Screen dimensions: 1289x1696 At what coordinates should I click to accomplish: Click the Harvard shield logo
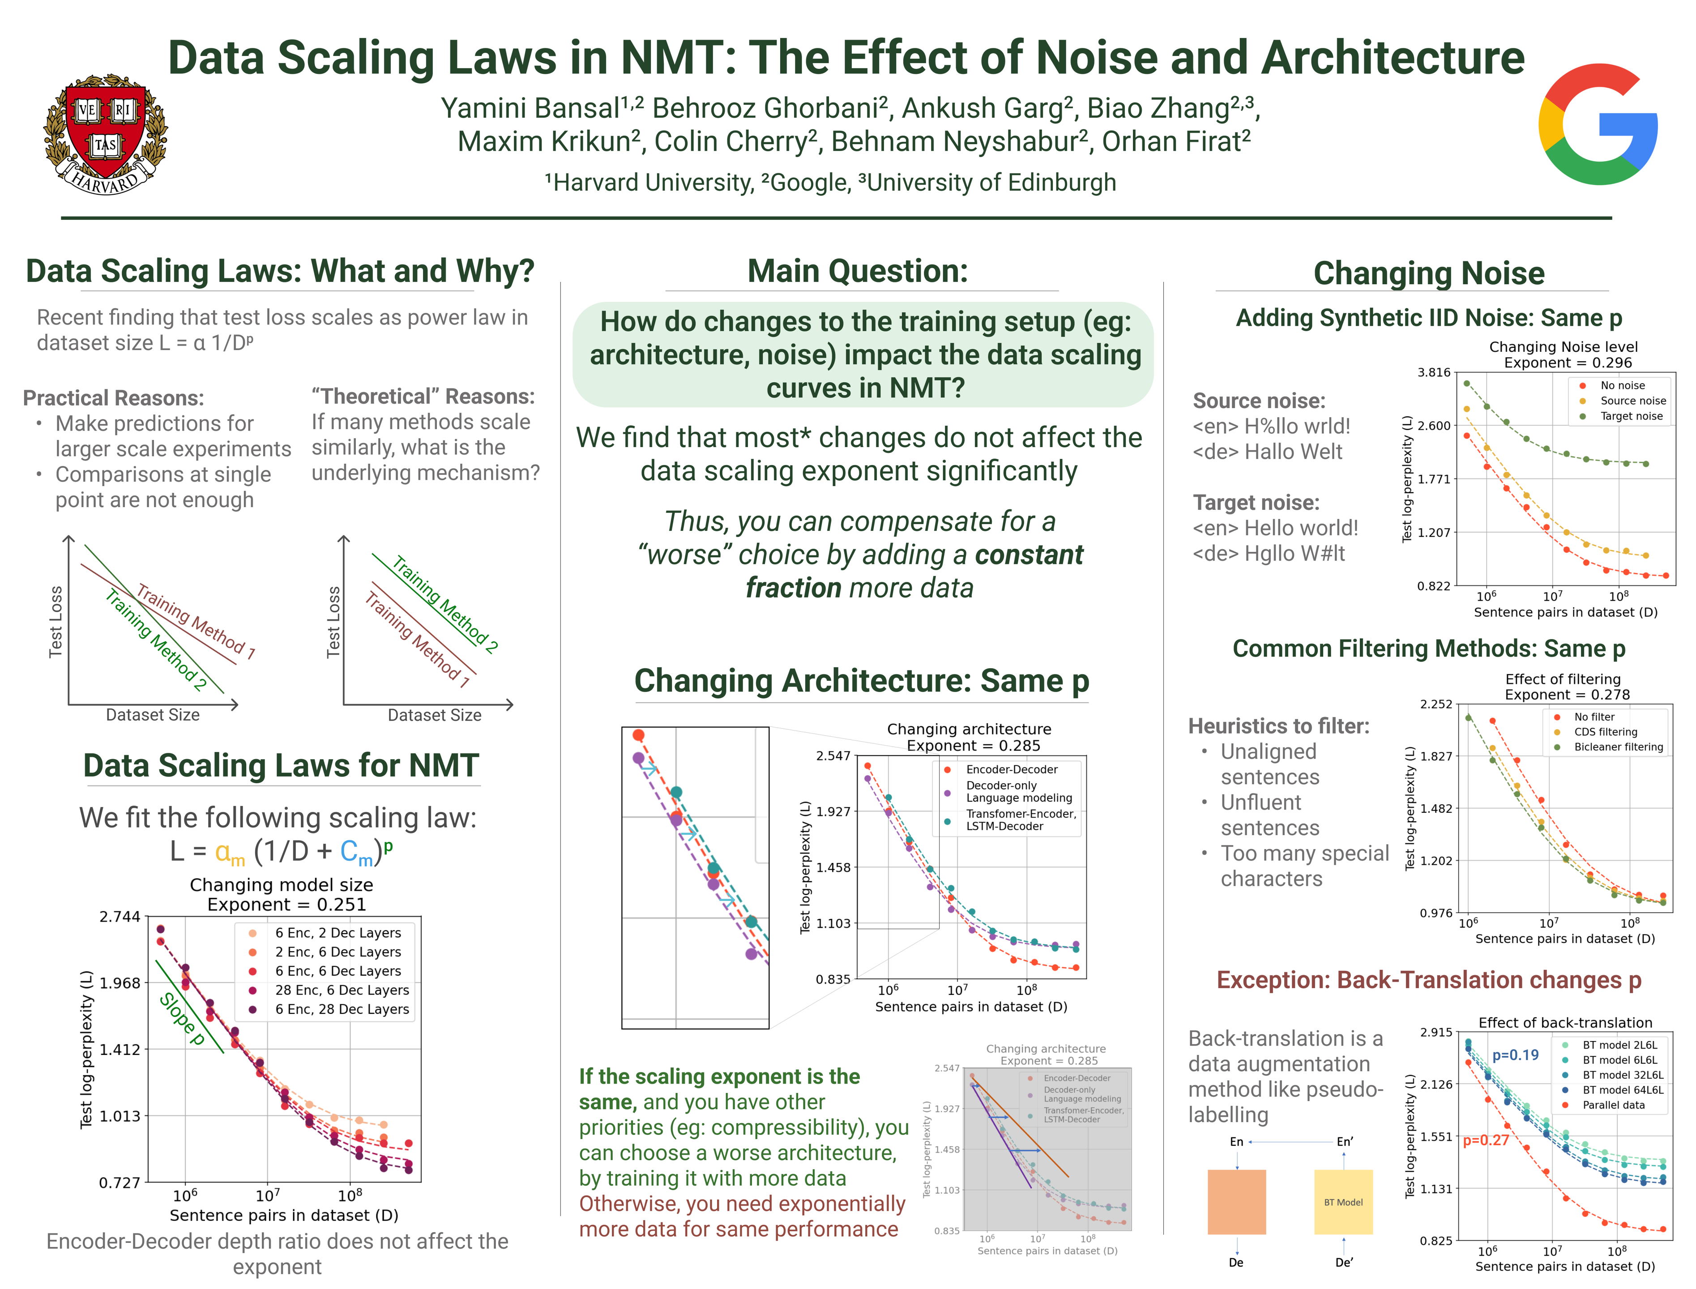[105, 134]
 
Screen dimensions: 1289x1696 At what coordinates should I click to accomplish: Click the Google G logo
[1598, 124]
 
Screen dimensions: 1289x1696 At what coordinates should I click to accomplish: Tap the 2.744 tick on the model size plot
[120, 917]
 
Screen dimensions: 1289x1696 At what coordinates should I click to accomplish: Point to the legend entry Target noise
[1631, 416]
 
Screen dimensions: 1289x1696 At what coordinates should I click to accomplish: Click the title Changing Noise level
[1563, 347]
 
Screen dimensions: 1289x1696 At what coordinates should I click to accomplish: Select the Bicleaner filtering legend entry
[1618, 747]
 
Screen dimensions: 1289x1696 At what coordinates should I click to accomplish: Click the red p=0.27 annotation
[1486, 1140]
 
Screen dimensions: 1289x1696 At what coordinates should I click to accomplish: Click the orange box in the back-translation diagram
[1236, 1202]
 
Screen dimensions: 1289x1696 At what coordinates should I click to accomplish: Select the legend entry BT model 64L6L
[1622, 1089]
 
